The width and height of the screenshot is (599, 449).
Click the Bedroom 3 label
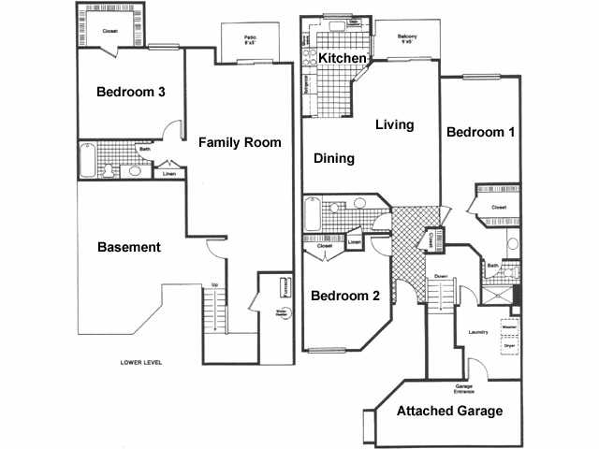click(x=132, y=92)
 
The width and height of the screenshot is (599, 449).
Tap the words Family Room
click(x=240, y=143)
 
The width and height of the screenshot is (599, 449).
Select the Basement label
click(x=129, y=248)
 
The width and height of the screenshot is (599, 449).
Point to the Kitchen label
click(x=342, y=59)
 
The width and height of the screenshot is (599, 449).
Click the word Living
click(x=394, y=124)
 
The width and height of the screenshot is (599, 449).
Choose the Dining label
click(x=334, y=159)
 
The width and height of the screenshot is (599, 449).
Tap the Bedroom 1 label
click(x=480, y=133)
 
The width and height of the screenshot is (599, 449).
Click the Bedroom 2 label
click(x=344, y=296)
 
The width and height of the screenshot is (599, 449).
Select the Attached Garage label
click(x=450, y=411)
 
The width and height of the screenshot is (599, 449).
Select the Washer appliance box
click(x=509, y=326)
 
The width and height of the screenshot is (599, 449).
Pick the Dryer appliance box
click(x=509, y=345)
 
